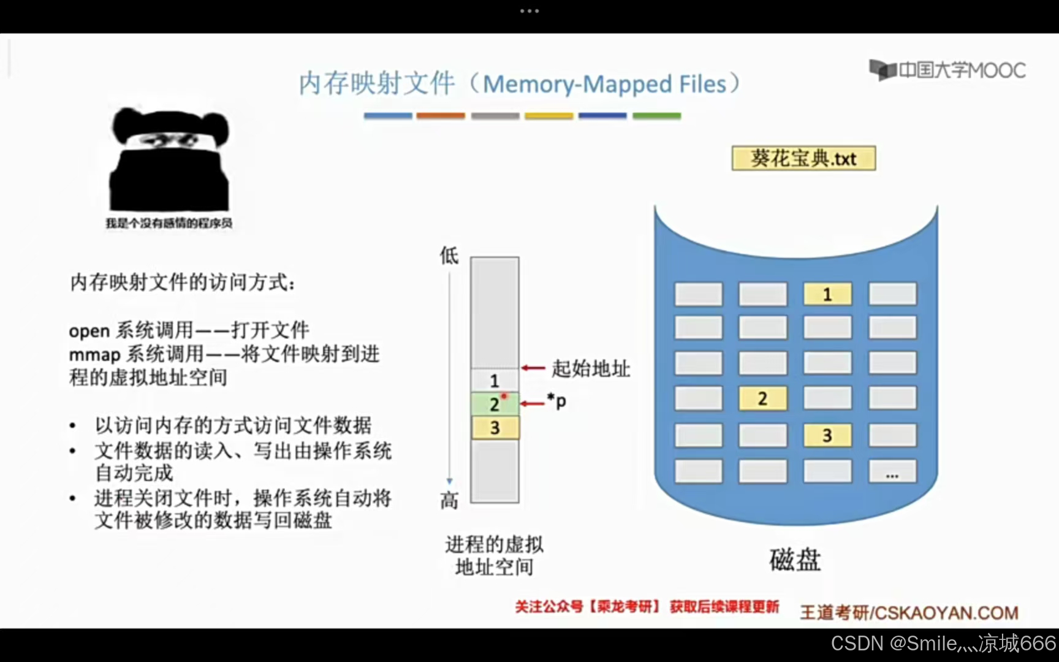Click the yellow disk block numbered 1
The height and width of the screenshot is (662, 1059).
(x=827, y=294)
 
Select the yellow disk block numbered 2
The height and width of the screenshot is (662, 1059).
(x=762, y=398)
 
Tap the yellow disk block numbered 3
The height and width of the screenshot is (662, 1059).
(x=827, y=435)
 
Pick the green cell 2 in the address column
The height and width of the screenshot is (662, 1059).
(x=495, y=404)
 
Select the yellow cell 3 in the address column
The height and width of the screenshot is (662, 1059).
(x=495, y=427)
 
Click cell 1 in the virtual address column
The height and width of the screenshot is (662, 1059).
(x=495, y=381)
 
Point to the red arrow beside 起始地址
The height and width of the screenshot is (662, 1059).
(x=533, y=368)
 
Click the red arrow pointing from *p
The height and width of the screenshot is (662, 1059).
(x=533, y=403)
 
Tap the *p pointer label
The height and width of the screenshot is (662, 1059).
(x=556, y=401)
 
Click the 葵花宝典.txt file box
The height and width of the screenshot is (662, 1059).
(x=803, y=158)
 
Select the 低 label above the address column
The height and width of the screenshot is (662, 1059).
(x=449, y=255)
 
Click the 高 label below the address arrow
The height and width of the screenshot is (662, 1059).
(x=449, y=501)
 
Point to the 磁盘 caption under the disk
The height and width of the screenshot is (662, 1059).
(x=795, y=560)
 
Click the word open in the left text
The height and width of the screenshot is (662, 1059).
(x=89, y=331)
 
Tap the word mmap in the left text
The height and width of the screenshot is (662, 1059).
(x=94, y=354)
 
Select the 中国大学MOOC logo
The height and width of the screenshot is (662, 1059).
(x=947, y=70)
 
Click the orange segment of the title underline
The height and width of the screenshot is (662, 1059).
(x=441, y=116)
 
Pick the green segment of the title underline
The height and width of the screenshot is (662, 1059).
(x=656, y=116)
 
